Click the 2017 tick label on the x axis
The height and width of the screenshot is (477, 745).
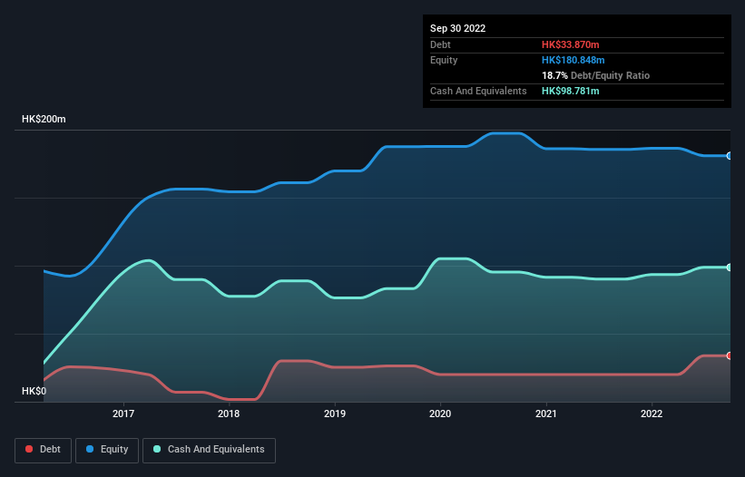[x=123, y=414]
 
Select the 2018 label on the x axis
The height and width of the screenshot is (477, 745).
[x=229, y=414]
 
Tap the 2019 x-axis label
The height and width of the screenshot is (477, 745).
[x=335, y=414]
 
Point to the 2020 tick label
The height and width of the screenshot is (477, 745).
[x=440, y=414]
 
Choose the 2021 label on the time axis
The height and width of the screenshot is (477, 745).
[x=546, y=414]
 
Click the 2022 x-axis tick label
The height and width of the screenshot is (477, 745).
[x=652, y=414]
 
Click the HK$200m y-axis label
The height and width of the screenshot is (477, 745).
[x=44, y=120]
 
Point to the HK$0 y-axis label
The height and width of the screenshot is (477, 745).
[x=34, y=391]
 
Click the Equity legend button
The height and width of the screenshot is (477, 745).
[x=107, y=450]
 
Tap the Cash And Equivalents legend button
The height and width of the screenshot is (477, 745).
[x=209, y=450]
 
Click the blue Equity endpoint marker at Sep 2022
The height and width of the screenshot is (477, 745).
[x=730, y=156]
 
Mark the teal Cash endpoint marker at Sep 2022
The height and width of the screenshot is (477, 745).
[x=730, y=268]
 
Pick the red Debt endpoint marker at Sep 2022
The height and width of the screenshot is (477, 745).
[x=730, y=355]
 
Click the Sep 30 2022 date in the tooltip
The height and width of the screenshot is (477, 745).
[x=458, y=28]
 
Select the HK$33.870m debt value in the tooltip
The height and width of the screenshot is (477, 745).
[x=571, y=44]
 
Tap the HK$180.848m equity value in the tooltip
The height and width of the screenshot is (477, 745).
[x=573, y=60]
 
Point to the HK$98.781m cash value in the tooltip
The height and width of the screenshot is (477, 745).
[x=571, y=92]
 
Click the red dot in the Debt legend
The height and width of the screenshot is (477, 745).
[x=30, y=450]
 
